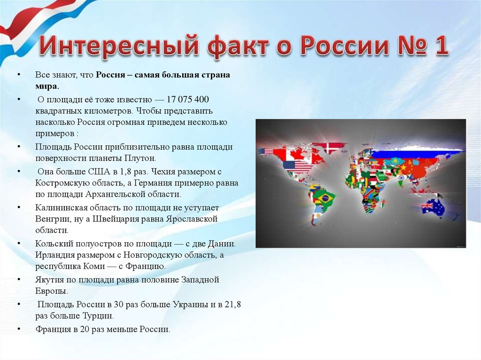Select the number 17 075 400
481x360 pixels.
tap(188, 100)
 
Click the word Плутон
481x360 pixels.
tap(140, 158)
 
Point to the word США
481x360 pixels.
tap(99, 171)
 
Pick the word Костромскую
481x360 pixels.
tap(63, 183)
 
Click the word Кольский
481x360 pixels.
tap(54, 244)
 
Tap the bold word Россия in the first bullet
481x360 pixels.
tap(110, 75)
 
